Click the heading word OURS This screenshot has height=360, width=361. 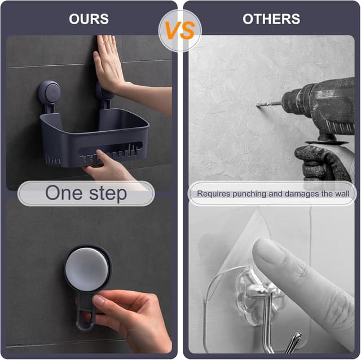tap(89, 19)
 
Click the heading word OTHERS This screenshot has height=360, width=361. tap(271, 19)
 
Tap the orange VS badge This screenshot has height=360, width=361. tap(180, 30)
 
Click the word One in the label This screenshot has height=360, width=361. tap(64, 193)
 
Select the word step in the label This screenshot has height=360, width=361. tap(108, 194)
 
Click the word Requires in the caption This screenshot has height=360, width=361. tap(214, 194)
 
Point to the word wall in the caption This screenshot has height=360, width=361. tap(342, 194)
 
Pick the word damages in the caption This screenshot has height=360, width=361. tap(302, 194)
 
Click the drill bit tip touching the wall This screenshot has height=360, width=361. tap(257, 105)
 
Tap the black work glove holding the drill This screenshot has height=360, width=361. tap(322, 163)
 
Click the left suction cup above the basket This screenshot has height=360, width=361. tap(49, 92)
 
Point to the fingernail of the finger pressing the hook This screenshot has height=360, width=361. tap(269, 251)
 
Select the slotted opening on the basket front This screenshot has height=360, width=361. tap(110, 151)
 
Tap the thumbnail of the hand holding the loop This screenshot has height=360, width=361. tap(99, 300)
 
